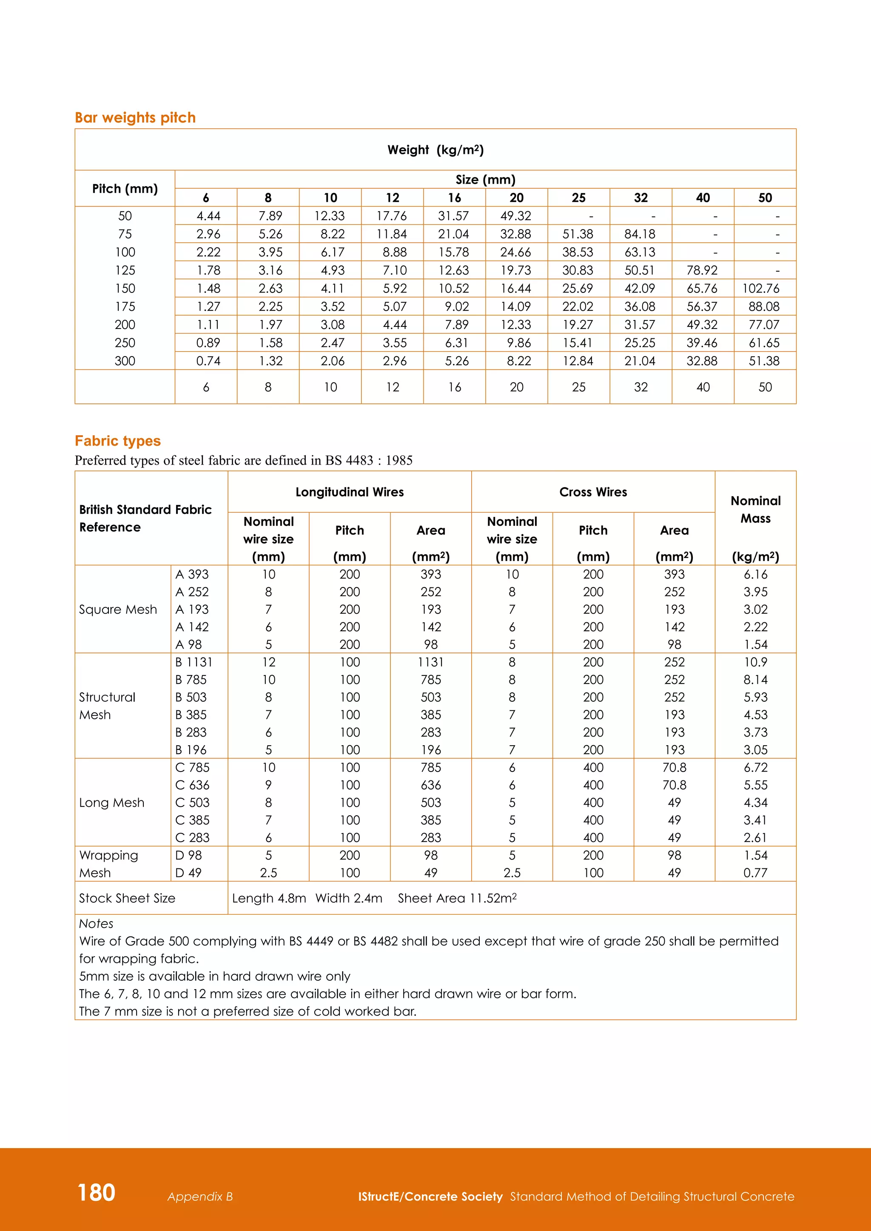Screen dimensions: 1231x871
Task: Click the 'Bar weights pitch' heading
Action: pos(135,117)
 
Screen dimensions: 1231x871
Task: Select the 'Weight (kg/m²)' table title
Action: pos(435,150)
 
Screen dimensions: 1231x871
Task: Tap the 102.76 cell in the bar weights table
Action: pos(760,289)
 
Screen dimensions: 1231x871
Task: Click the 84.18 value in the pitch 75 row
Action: pos(639,234)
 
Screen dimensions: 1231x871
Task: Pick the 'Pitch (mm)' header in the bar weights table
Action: pos(125,189)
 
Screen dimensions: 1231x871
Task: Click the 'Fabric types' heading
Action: pos(117,441)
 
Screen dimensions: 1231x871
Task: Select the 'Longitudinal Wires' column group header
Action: pos(349,492)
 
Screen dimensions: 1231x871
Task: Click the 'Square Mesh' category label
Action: pos(118,610)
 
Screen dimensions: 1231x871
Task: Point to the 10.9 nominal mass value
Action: pos(755,662)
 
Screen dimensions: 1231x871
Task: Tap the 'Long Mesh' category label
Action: pos(111,803)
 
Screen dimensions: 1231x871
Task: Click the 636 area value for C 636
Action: pos(431,785)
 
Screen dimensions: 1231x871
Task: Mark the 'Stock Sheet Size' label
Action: pos(127,898)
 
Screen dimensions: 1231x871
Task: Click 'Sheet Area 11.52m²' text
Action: pos(457,898)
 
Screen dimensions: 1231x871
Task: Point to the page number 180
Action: pos(97,1192)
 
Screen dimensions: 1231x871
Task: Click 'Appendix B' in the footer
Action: pos(200,1197)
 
